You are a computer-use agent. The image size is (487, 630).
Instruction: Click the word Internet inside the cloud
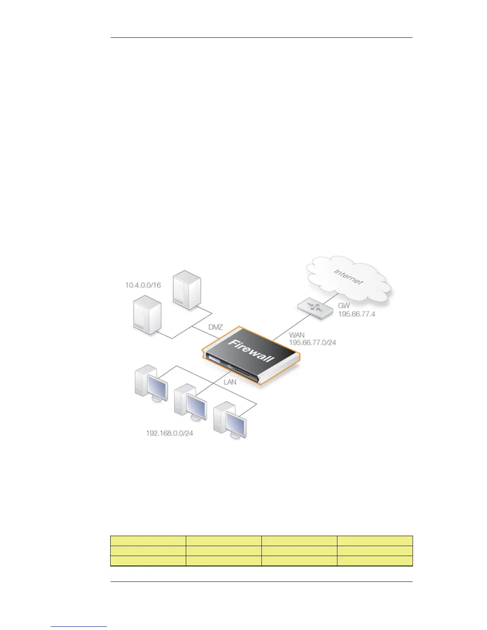pos(348,277)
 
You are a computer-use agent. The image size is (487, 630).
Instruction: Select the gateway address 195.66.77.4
pos(357,314)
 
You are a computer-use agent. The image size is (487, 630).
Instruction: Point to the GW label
pos(344,306)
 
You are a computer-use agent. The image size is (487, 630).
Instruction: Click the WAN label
pos(297,335)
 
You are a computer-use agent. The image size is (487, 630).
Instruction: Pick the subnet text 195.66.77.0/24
pos(312,342)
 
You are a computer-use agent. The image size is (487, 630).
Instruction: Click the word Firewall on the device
pos(251,350)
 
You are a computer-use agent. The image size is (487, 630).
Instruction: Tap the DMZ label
pos(216,327)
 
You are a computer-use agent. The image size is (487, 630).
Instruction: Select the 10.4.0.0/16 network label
pos(143,285)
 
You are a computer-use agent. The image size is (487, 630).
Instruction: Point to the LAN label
pos(230,382)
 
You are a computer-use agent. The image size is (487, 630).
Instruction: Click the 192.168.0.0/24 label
pos(169,433)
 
